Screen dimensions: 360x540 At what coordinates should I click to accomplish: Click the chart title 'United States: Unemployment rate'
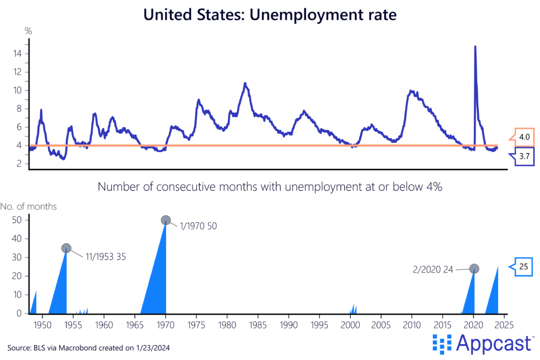270,15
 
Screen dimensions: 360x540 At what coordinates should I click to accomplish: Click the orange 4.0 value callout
524,137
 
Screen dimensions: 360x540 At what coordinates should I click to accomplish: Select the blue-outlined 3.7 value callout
524,157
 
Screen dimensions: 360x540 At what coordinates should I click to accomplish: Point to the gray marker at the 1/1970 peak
166,220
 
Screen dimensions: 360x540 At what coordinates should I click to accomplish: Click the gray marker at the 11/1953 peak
66,248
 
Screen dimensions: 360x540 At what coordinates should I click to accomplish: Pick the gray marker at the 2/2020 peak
474,268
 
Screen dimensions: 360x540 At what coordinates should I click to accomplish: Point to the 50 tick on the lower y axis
17,220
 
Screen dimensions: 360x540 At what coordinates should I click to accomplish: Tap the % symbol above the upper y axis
28,31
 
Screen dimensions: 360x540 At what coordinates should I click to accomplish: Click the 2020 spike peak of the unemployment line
475,46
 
